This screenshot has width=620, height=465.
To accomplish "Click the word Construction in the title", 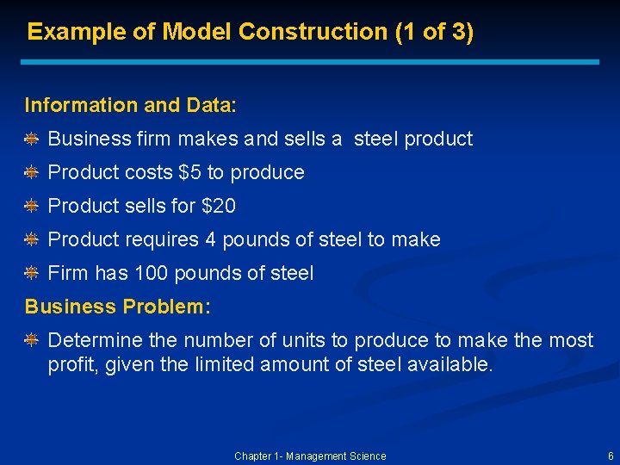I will tap(312, 32).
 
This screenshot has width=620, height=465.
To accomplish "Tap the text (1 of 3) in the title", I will tap(433, 32).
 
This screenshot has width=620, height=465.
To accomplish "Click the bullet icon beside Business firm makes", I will tap(31, 139).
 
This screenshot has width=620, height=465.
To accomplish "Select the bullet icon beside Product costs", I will tap(31, 172).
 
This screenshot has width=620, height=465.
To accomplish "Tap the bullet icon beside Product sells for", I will tap(31, 206).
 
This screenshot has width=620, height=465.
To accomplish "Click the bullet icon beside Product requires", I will tap(31, 239).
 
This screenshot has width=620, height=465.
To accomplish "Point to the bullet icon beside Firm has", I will tap(31, 274).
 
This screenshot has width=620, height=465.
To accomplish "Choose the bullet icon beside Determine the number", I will tap(31, 341).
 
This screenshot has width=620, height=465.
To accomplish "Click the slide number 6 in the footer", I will tap(611, 456).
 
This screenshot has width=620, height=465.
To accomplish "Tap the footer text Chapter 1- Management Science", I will tap(310, 456).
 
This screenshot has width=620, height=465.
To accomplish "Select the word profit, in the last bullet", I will tap(74, 364).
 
